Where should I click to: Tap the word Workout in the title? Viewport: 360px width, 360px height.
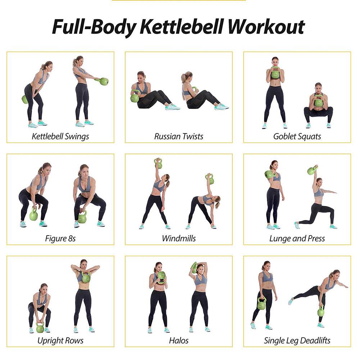point(266,27)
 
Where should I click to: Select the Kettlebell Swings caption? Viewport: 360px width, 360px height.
point(60,136)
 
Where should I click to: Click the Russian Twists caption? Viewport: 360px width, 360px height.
point(179,136)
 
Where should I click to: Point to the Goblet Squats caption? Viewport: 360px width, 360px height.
point(297,136)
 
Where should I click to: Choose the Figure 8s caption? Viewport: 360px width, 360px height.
point(60,238)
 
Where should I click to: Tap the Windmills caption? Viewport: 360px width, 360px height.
point(179,238)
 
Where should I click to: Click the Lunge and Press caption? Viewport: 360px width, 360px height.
point(297,238)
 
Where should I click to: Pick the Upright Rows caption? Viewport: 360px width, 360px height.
point(60,340)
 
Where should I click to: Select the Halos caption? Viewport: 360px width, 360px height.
point(179,340)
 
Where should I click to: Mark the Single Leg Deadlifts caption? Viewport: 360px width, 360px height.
point(297,340)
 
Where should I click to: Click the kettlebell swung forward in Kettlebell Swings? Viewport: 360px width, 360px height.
point(104,81)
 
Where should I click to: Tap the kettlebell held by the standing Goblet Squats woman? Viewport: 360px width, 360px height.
point(275,74)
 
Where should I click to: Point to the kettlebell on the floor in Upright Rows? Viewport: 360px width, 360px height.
point(40,328)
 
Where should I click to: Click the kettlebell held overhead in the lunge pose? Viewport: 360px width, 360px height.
point(312,170)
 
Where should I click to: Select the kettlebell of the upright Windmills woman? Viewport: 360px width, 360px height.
point(158,164)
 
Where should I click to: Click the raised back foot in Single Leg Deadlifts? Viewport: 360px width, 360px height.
point(290,301)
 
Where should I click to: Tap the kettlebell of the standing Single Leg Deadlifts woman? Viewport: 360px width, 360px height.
point(261,304)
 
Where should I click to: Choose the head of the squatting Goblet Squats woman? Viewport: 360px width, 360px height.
point(318,87)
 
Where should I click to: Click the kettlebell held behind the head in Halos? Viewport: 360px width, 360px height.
point(194,268)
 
